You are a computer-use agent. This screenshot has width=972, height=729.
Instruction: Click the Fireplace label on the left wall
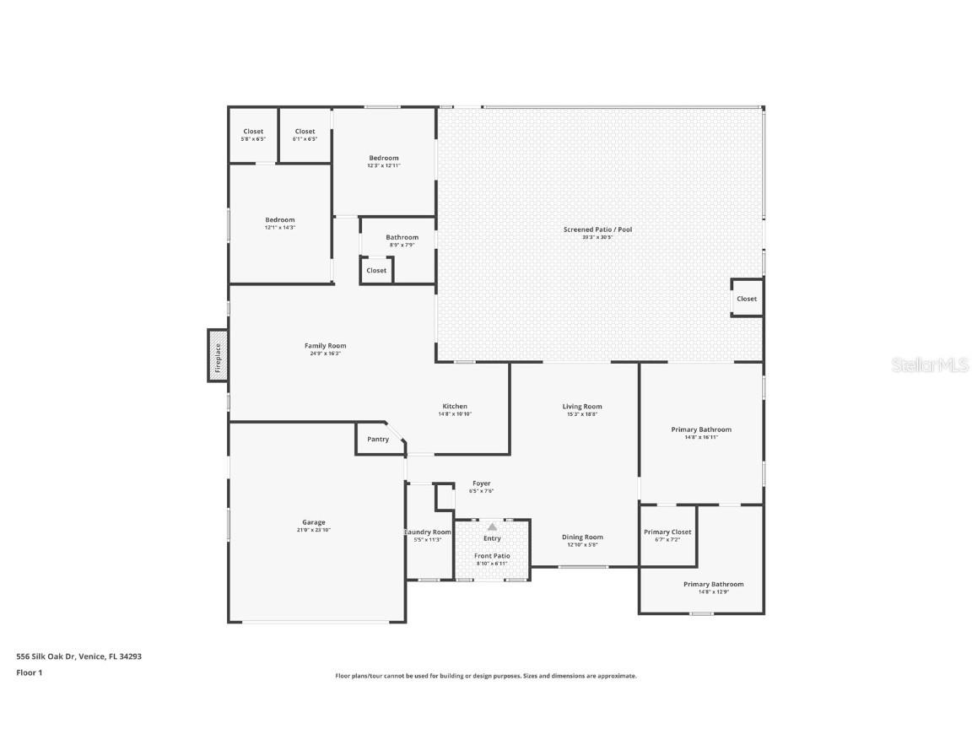(x=218, y=356)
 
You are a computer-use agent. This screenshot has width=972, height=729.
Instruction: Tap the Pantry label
(x=378, y=439)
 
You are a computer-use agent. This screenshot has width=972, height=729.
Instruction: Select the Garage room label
(x=313, y=522)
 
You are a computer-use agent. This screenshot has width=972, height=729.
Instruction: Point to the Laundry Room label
(x=429, y=532)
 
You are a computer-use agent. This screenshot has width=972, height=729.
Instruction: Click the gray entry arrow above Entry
(x=492, y=526)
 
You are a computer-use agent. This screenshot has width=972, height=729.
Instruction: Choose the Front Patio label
(x=492, y=556)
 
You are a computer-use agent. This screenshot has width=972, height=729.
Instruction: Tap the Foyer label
(x=481, y=483)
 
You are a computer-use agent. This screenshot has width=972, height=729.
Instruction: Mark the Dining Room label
(x=582, y=537)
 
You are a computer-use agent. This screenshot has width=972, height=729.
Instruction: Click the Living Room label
(x=582, y=407)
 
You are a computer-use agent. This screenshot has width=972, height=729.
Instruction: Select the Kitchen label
(x=455, y=407)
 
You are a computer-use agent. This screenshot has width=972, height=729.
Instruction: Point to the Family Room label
(x=325, y=346)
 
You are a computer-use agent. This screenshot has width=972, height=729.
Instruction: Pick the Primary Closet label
(x=667, y=532)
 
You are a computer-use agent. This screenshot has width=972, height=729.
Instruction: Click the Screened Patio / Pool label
(x=597, y=229)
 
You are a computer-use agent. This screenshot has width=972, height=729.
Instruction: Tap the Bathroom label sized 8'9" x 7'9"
(x=402, y=238)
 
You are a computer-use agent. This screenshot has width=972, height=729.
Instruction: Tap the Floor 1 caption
(x=30, y=672)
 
